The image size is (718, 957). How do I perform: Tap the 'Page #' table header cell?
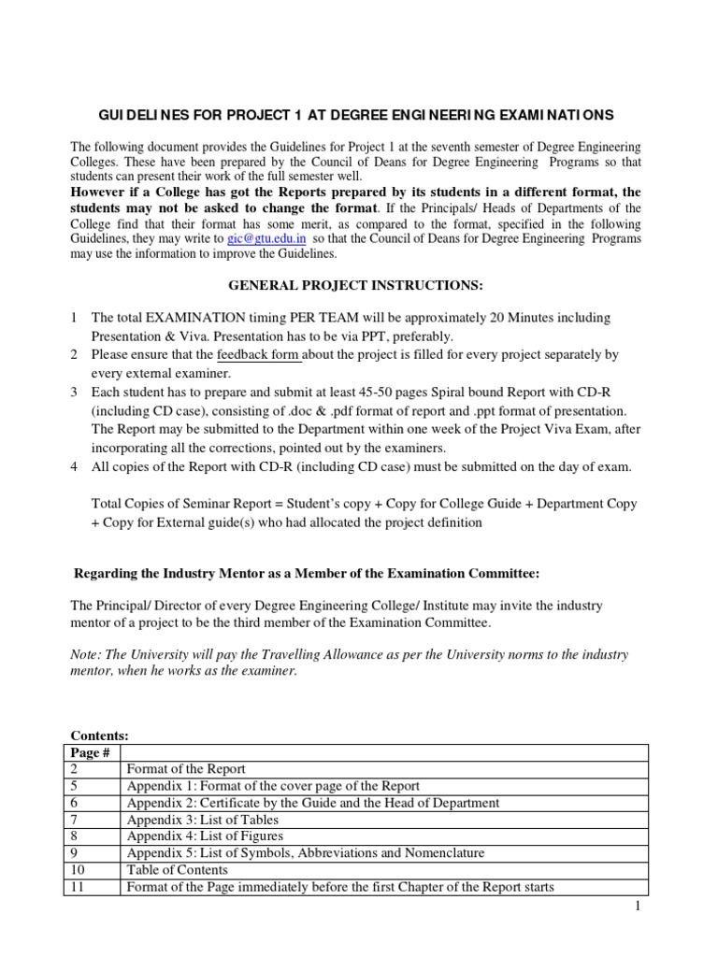click(x=85, y=752)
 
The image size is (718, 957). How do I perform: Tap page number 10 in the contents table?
click(x=78, y=870)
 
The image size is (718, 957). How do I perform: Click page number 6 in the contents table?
click(x=75, y=803)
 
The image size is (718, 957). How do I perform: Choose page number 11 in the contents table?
click(x=78, y=887)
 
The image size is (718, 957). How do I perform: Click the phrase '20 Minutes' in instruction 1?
click(x=523, y=318)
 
